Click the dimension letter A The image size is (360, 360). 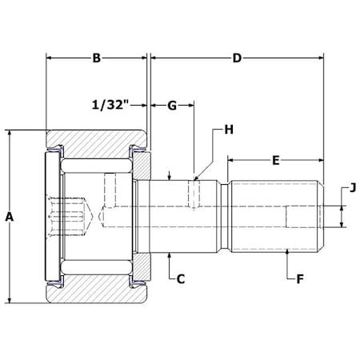(x=10, y=217)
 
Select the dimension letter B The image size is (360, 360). (x=97, y=58)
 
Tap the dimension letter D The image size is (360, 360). (x=237, y=58)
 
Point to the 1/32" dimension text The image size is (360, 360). (x=110, y=105)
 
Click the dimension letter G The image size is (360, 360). (x=172, y=106)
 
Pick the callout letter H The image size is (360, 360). (x=229, y=130)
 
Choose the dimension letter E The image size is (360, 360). (x=276, y=161)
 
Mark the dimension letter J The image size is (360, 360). (x=353, y=188)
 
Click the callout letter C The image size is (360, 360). (x=181, y=279)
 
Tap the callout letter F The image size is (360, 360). (x=300, y=279)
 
